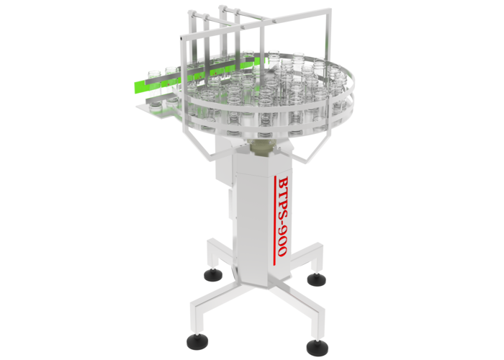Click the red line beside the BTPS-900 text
tap(274, 220)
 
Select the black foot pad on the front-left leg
tap(197, 341)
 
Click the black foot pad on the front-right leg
tap(318, 348)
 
